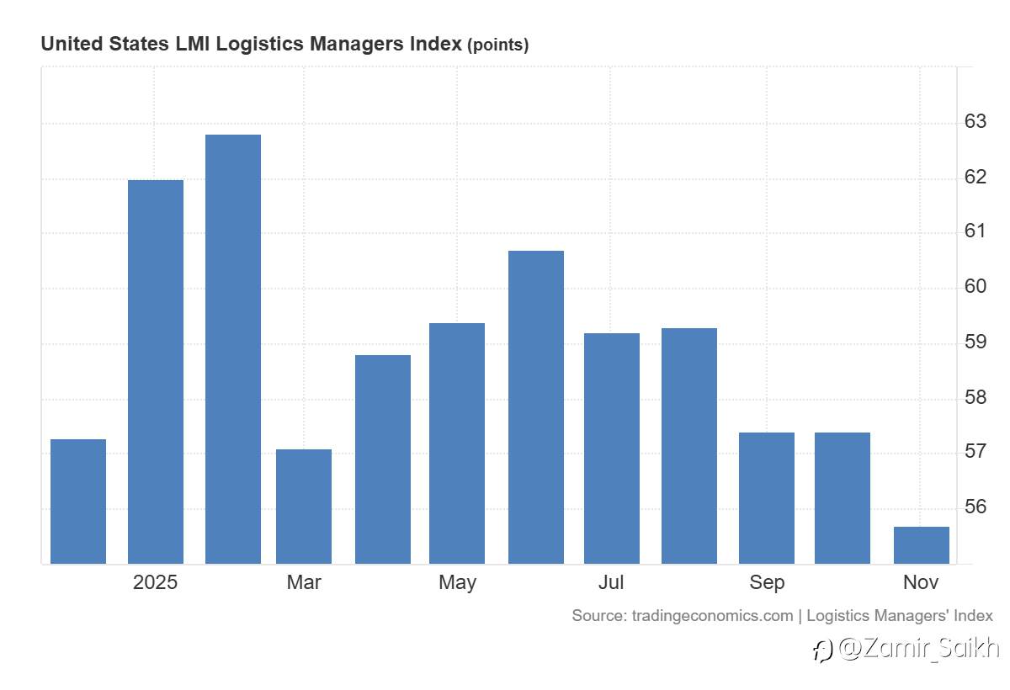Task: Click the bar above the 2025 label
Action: coord(156,372)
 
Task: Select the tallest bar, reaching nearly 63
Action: coord(233,349)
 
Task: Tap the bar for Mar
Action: coord(304,507)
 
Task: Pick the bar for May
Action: coord(457,443)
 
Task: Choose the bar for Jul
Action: coord(612,448)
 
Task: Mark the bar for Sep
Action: coord(767,498)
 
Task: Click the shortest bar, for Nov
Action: coord(922,545)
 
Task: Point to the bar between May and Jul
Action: coord(536,407)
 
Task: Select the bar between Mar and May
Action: coord(383,459)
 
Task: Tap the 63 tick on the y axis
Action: coord(975,122)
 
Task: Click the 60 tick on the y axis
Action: coord(975,287)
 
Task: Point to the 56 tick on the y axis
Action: coord(975,507)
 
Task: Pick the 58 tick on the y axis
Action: coord(975,397)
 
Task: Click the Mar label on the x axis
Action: coord(304,582)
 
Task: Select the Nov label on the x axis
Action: coord(921,582)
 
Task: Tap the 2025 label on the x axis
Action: coord(156,582)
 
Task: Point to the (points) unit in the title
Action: coord(498,45)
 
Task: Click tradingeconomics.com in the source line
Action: coord(712,615)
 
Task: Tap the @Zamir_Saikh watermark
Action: coord(907,649)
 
